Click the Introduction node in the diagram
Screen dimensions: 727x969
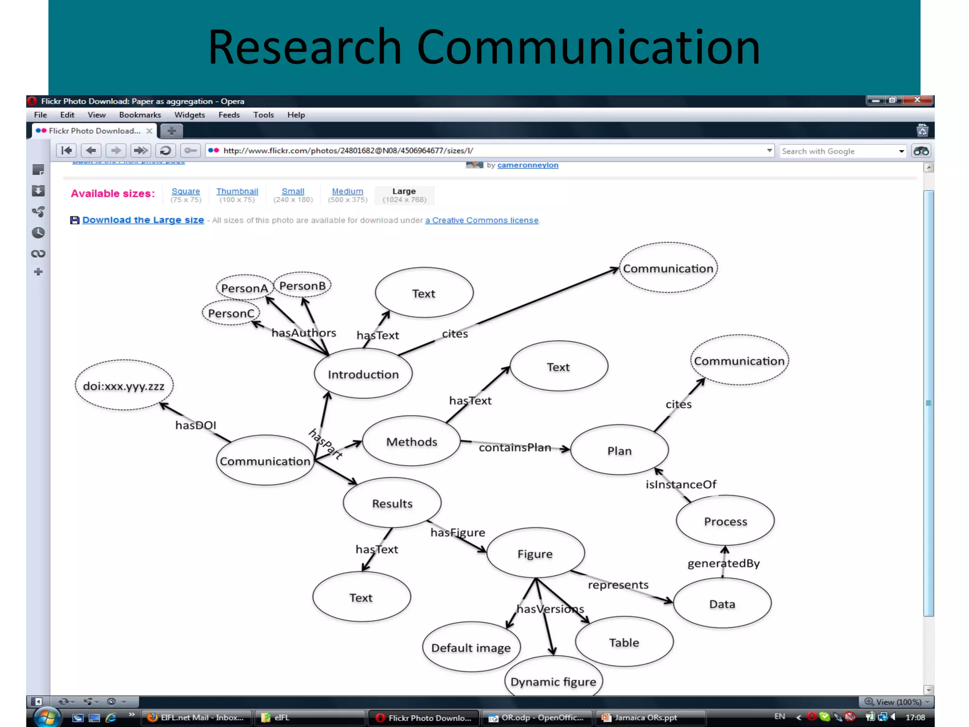[x=363, y=374]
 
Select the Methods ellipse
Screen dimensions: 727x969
[x=411, y=441]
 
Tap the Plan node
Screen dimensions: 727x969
[x=619, y=450]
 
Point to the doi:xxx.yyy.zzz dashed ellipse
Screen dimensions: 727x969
[x=124, y=385]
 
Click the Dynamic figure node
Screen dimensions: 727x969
[x=553, y=681]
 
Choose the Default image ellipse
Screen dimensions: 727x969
[x=471, y=647]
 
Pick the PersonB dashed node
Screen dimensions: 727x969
[x=302, y=285]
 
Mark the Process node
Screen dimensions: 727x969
[x=725, y=521]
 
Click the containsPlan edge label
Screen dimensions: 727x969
[x=515, y=447]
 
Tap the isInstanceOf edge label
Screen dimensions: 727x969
[x=681, y=484]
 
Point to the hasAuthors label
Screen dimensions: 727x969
[x=304, y=333]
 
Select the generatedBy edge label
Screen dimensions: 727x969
[x=723, y=563]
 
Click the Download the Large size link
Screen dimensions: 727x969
[x=143, y=220]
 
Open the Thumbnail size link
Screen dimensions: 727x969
[x=237, y=191]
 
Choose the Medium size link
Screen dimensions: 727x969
[x=347, y=191]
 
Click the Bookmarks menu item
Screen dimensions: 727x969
[x=140, y=115]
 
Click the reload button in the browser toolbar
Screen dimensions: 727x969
[x=165, y=151]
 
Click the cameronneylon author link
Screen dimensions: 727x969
[x=528, y=165]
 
